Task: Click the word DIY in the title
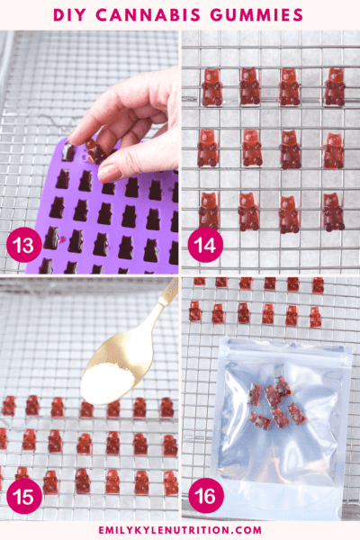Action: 72,15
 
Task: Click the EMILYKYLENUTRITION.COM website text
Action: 180,530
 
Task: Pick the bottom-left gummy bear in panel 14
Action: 209,211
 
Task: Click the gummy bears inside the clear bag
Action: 273,402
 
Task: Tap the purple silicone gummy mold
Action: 99,216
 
